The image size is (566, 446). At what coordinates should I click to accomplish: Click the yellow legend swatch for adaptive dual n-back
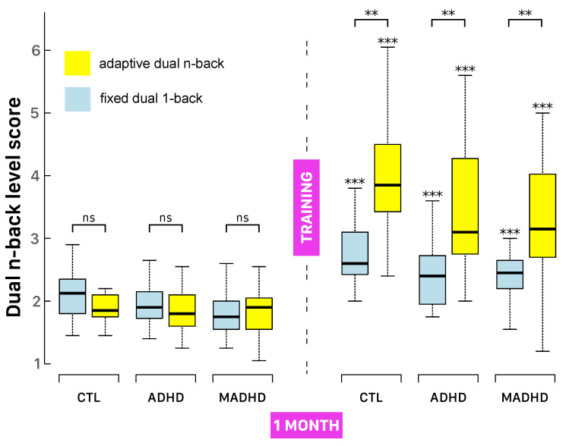[x=77, y=64]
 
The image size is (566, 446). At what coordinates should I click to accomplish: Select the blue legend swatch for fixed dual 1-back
[x=77, y=99]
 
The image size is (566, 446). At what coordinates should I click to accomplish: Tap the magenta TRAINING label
[x=307, y=206]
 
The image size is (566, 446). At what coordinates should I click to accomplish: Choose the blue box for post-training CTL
[x=355, y=253]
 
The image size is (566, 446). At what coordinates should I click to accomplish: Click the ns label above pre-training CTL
[x=88, y=218]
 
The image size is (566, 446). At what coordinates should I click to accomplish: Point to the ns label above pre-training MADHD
[x=243, y=218]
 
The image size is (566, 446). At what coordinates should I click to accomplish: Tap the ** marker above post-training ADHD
[x=448, y=13]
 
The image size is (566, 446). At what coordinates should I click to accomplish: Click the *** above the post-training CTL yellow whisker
[x=387, y=41]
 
